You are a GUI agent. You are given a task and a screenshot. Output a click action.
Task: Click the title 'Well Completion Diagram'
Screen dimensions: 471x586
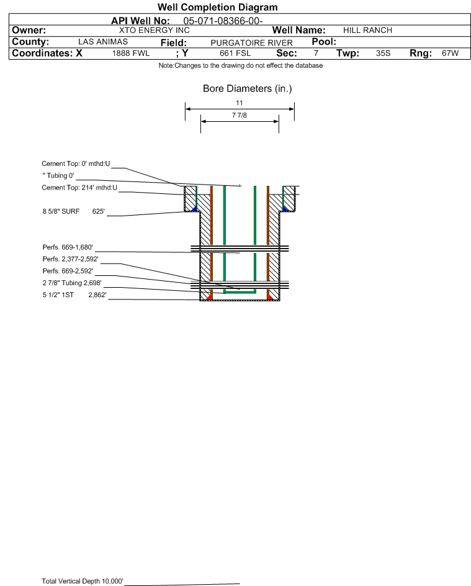tap(217, 7)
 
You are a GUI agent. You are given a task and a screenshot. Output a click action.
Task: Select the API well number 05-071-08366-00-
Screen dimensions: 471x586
tap(223, 21)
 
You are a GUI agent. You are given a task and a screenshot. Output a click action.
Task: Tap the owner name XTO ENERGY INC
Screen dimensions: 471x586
tap(154, 30)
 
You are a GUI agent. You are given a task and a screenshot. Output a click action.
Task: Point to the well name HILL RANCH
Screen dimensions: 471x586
tap(367, 30)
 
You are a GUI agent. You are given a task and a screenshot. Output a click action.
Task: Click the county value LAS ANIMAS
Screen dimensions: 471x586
tap(103, 42)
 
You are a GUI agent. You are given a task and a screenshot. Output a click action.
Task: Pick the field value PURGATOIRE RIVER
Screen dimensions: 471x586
tap(251, 43)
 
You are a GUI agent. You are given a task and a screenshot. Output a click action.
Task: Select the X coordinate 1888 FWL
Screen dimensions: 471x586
tap(131, 53)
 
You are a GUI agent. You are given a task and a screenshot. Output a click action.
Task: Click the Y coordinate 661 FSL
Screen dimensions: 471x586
tap(235, 53)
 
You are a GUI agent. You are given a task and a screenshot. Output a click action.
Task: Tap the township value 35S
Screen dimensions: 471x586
tap(383, 53)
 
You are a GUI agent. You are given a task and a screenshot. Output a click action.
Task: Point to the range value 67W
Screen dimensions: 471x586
tap(450, 53)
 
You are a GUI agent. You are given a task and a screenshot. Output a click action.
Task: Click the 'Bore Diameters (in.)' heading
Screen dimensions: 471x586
tap(248, 89)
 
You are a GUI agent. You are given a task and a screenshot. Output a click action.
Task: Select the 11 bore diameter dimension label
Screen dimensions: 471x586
tap(240, 103)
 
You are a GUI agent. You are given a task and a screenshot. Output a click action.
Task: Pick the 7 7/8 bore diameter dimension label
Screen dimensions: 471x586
tap(240, 115)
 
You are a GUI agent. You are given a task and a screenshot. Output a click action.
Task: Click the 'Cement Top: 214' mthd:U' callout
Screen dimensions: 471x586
tap(79, 188)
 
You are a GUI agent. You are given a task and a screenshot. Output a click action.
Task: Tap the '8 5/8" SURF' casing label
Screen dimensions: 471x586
tap(61, 211)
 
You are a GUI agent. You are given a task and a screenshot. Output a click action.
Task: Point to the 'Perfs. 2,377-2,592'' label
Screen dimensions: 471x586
tap(71, 259)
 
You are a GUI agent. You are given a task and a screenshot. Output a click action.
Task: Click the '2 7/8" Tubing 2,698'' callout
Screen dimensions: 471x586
tap(72, 283)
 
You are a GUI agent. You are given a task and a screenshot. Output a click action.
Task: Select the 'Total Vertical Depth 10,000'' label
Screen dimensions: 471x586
tap(83, 581)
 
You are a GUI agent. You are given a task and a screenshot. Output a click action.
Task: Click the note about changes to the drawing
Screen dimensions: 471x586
tap(241, 65)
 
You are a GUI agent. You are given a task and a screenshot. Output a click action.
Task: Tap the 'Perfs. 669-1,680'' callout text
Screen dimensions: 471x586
tap(68, 247)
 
